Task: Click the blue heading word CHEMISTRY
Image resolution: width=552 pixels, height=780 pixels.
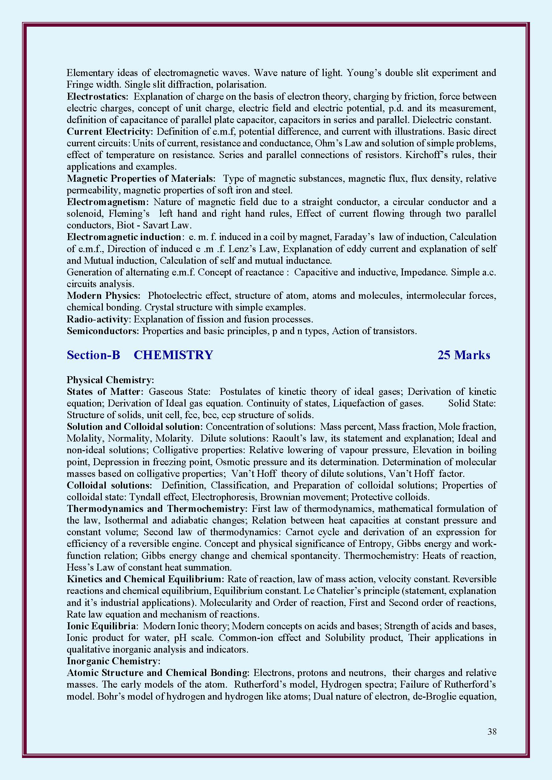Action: click(173, 355)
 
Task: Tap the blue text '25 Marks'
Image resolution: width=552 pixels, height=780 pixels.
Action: click(464, 355)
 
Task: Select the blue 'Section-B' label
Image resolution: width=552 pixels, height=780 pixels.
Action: click(93, 355)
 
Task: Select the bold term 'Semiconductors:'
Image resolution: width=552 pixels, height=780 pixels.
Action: click(103, 331)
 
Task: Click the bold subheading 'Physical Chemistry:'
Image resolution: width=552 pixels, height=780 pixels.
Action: click(110, 380)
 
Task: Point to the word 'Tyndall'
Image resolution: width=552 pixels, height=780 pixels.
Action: click(144, 497)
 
